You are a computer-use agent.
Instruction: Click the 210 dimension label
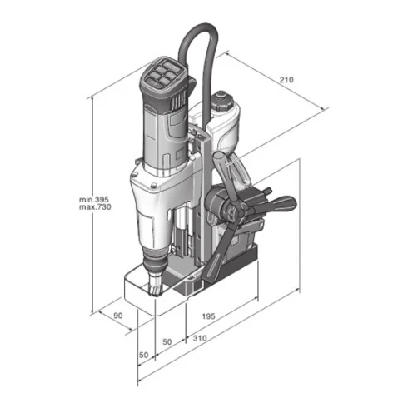pos(286,80)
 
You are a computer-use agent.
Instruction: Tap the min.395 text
pos(94,199)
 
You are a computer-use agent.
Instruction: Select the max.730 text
pos(95,207)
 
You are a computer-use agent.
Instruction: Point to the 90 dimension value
pos(118,316)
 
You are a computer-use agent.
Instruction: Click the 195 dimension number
pos(208,316)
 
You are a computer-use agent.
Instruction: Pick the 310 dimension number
pos(200,338)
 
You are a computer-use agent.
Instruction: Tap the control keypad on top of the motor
pos(163,73)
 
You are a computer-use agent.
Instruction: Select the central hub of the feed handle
pos(234,213)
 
